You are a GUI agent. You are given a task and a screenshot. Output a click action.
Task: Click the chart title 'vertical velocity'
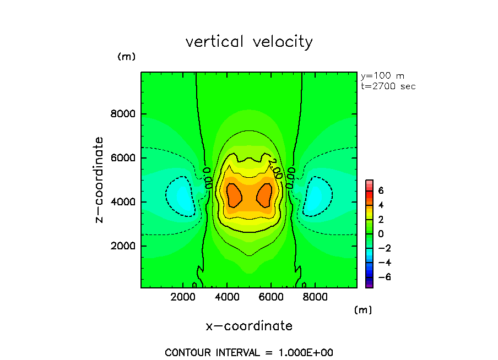click(x=249, y=42)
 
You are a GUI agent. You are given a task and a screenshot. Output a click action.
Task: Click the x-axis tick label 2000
click(x=184, y=297)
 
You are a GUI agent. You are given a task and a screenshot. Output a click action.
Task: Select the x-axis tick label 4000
click(x=228, y=297)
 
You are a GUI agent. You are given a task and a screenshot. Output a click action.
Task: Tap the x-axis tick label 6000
click(x=270, y=297)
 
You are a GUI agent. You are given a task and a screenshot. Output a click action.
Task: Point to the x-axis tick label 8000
click(x=314, y=297)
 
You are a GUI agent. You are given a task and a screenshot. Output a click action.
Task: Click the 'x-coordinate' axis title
click(x=249, y=326)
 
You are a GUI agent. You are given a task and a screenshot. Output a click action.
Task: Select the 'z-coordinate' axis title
click(x=100, y=179)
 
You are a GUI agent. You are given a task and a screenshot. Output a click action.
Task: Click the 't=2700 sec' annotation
click(x=388, y=86)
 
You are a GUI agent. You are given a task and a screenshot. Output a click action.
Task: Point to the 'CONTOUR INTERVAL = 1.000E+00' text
click(x=249, y=352)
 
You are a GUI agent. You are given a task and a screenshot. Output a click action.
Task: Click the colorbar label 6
click(x=380, y=190)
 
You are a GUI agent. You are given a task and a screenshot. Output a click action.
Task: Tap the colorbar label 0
click(x=380, y=234)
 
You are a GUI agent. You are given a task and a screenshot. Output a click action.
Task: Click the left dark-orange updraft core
click(x=234, y=194)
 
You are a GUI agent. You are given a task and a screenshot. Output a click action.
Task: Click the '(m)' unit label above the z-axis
click(x=126, y=57)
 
